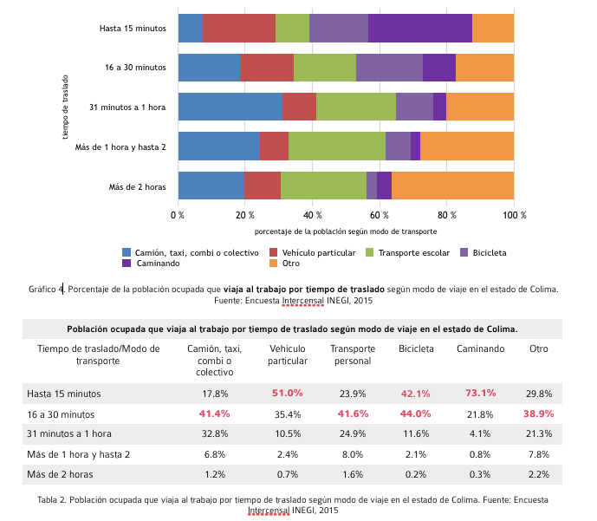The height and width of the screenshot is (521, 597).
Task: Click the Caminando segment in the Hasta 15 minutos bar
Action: [420, 28]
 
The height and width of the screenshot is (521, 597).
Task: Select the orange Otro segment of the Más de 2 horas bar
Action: [452, 186]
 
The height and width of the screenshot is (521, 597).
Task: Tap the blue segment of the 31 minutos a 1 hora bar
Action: [230, 107]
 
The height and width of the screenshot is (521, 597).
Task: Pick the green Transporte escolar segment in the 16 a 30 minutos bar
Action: [325, 68]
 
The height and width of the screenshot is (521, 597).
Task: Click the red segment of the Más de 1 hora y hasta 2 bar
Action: [274, 146]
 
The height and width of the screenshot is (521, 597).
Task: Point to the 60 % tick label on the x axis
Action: [379, 214]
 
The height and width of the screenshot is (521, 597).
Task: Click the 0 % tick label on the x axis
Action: [178, 214]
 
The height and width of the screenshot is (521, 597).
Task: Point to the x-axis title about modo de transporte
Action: [346, 231]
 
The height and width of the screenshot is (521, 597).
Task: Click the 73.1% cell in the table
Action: [480, 394]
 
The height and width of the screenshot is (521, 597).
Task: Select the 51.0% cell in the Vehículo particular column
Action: [287, 394]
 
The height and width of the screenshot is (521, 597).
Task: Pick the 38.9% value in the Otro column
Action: [538, 414]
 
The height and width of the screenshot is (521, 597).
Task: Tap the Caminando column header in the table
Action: [480, 348]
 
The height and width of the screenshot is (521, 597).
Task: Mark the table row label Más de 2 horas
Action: [60, 474]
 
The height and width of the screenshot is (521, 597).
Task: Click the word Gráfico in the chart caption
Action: [43, 289]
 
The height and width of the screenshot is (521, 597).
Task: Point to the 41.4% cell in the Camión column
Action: [215, 414]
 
